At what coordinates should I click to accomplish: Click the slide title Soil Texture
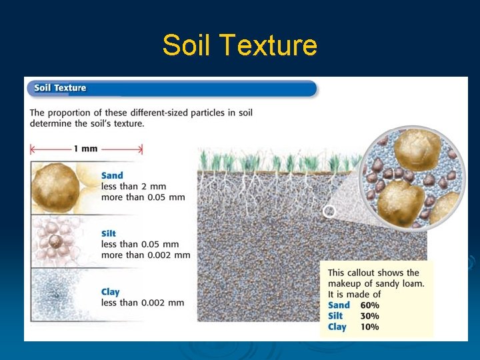point(239,45)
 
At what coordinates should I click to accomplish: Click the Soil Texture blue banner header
point(171,88)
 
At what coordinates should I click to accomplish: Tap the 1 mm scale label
point(85,149)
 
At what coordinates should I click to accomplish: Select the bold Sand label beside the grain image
point(112,176)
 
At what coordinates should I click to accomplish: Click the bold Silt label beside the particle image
point(109,233)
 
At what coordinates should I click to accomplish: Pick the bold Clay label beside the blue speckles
point(111,292)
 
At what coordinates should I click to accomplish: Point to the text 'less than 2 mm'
point(133,187)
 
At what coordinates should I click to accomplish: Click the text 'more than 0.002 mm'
point(145,255)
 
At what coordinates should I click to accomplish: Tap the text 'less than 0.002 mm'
point(143,303)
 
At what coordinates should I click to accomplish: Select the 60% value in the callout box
point(369,305)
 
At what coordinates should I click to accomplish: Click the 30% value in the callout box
point(369,316)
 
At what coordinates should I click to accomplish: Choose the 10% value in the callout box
point(369,327)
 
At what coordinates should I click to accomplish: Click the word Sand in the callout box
point(339,305)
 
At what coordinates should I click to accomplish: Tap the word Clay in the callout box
point(337,327)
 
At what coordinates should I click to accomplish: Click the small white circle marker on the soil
point(329,211)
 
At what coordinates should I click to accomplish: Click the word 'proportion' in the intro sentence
point(74,113)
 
